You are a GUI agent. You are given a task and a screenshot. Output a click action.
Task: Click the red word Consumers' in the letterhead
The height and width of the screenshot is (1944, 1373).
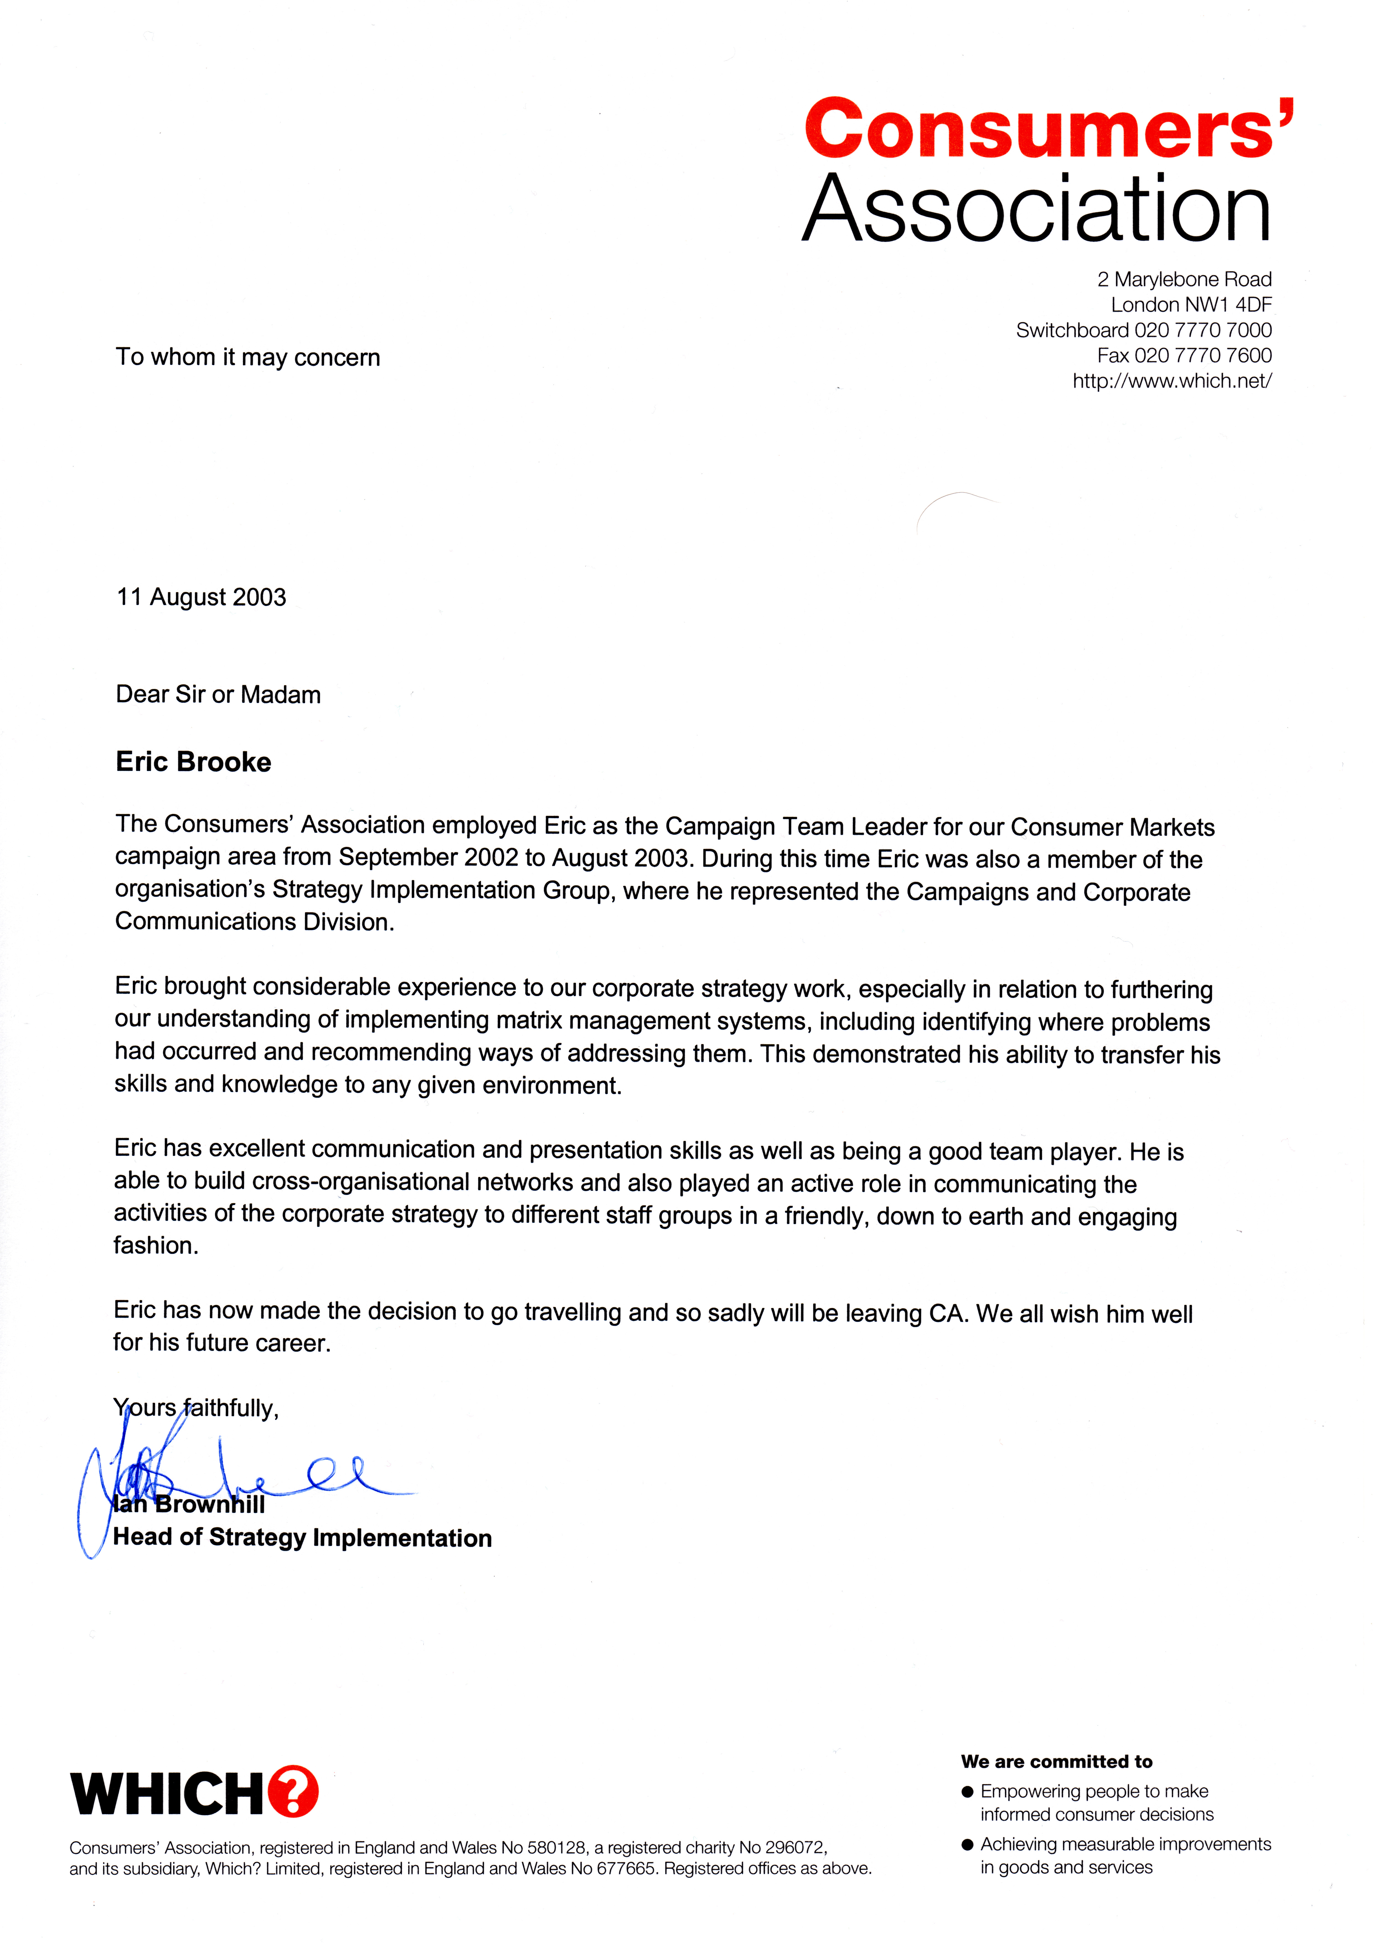pyautogui.click(x=1048, y=129)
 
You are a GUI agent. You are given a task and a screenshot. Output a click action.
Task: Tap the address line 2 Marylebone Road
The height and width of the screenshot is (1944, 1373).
pyautogui.click(x=1183, y=279)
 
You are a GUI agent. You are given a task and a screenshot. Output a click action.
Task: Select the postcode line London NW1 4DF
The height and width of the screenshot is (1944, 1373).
pyautogui.click(x=1191, y=305)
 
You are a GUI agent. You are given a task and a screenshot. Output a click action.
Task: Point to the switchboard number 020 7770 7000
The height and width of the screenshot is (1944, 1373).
pyautogui.click(x=1202, y=330)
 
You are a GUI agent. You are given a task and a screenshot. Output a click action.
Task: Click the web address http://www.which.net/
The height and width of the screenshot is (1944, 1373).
pyautogui.click(x=1171, y=381)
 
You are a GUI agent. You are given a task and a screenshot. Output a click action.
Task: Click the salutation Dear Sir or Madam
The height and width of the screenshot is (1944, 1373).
pyautogui.click(x=218, y=695)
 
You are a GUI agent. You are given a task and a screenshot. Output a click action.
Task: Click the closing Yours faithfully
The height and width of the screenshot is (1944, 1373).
pyautogui.click(x=195, y=1408)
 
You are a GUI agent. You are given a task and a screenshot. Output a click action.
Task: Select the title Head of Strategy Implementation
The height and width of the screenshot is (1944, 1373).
pyautogui.click(x=302, y=1538)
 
